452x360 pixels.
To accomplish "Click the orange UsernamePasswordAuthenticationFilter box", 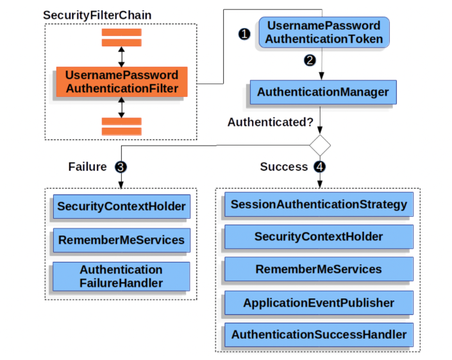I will pyautogui.click(x=122, y=81).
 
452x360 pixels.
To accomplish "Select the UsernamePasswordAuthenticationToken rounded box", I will pyautogui.click(x=324, y=32).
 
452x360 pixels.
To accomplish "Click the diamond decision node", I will pyautogui.click(x=320, y=145).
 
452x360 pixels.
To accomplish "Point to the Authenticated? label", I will pyautogui.click(x=270, y=122).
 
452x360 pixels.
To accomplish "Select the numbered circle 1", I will pyautogui.click(x=243, y=34).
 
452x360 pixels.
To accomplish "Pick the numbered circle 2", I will pyautogui.click(x=310, y=61).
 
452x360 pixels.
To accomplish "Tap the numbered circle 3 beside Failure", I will pyautogui.click(x=121, y=167).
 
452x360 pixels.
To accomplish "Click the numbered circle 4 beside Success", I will pyautogui.click(x=320, y=167).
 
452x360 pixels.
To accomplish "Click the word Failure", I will pyautogui.click(x=87, y=167).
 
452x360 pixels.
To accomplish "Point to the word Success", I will pyautogui.click(x=283, y=167).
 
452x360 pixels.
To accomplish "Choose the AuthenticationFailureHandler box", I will pyautogui.click(x=121, y=276).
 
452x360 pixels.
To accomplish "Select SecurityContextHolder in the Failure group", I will pyautogui.click(x=121, y=207).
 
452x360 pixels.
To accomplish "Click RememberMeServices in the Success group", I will pyautogui.click(x=319, y=270).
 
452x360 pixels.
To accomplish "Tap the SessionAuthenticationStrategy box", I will pyautogui.click(x=319, y=205).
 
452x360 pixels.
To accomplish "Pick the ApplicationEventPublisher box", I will pyautogui.click(x=319, y=302).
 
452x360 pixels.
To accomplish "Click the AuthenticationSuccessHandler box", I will pyautogui.click(x=319, y=334).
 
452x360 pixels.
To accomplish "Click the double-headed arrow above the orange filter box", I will pyautogui.click(x=121, y=56).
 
